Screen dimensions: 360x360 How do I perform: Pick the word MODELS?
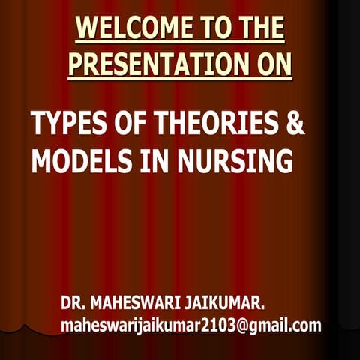[79, 160]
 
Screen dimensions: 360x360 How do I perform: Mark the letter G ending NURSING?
[282, 160]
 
